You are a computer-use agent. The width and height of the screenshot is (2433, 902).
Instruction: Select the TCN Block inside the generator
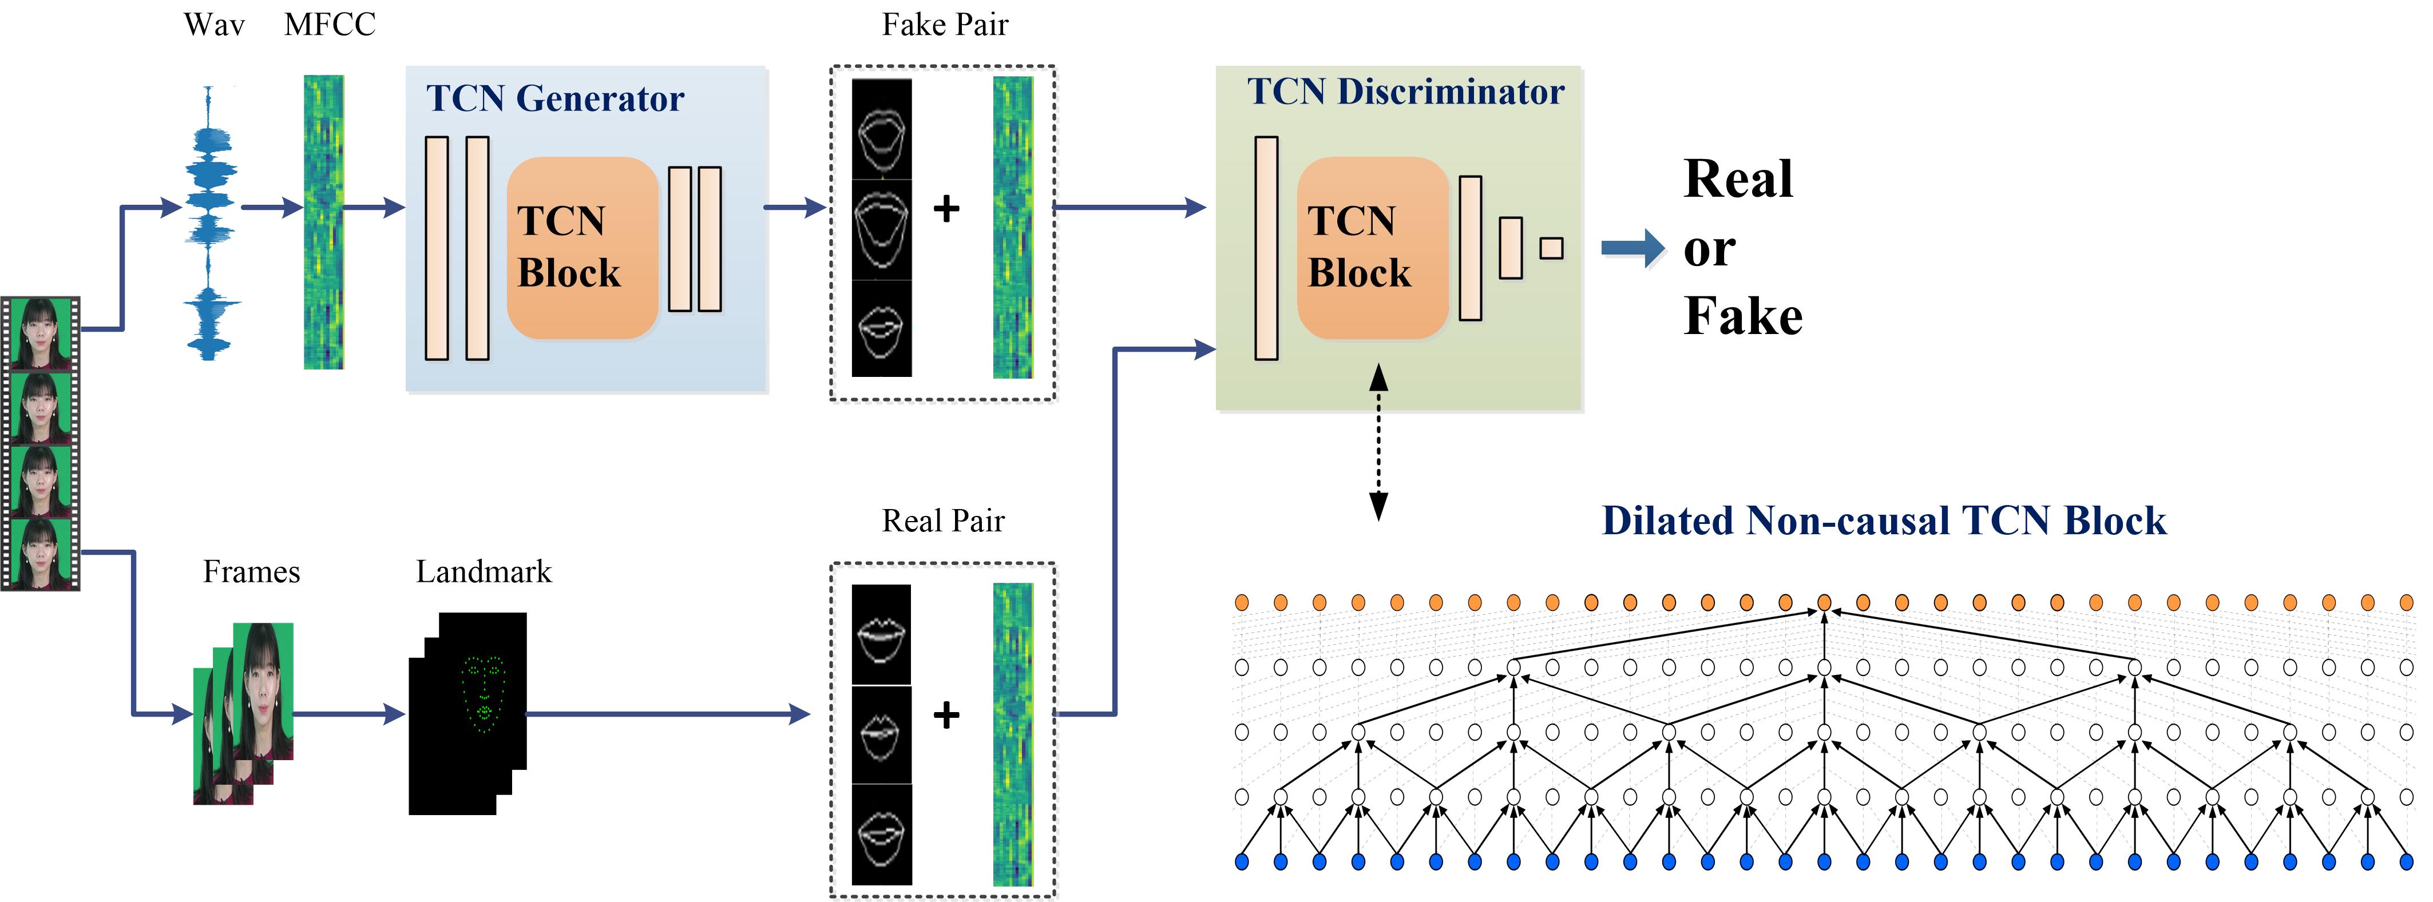[x=582, y=248]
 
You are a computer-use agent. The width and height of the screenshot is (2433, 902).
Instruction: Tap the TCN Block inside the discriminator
[x=1372, y=248]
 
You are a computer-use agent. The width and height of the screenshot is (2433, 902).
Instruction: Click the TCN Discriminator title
[x=1405, y=92]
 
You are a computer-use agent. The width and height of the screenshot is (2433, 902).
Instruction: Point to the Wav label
[x=215, y=25]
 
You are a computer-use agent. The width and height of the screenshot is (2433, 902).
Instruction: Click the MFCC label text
[x=330, y=25]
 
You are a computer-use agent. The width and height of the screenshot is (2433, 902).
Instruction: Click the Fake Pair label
[x=945, y=25]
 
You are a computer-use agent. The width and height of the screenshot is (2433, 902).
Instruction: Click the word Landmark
[x=484, y=571]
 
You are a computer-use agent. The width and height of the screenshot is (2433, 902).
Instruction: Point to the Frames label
[x=251, y=571]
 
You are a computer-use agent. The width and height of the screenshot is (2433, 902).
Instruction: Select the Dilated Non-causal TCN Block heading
[x=1883, y=520]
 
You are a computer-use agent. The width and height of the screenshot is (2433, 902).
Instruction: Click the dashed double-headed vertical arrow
[x=1378, y=442]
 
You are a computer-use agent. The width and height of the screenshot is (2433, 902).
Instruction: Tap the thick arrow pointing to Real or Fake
[x=1632, y=248]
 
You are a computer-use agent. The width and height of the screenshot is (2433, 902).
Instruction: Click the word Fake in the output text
[x=1742, y=316]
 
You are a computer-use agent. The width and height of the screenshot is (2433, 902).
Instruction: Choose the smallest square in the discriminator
[x=1551, y=248]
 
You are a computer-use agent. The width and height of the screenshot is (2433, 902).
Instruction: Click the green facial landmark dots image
[x=484, y=694]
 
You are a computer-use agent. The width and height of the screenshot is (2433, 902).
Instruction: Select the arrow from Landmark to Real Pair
[x=666, y=714]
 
